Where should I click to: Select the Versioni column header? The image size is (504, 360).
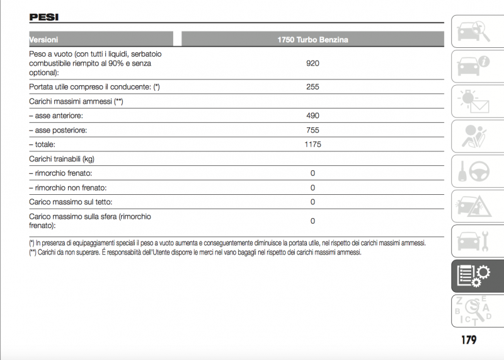44,40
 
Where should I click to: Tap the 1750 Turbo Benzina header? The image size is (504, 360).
312,40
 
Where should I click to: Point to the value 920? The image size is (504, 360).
312,63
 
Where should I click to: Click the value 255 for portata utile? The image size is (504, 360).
312,87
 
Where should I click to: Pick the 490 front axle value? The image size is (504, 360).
312,116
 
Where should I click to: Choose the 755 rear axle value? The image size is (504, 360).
312,131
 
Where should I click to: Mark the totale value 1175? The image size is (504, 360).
312,144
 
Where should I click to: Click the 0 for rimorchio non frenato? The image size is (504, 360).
312,188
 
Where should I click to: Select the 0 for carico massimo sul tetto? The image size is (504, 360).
312,202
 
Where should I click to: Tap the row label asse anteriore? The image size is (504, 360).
56,116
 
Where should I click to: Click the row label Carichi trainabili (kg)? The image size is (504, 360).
62,159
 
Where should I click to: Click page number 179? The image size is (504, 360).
468,340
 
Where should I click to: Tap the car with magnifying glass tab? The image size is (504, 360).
472,31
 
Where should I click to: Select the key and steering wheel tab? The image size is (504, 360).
472,171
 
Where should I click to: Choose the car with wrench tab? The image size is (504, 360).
472,240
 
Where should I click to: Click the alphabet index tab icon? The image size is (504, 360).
472,309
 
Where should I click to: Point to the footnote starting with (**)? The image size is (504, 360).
195,252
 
